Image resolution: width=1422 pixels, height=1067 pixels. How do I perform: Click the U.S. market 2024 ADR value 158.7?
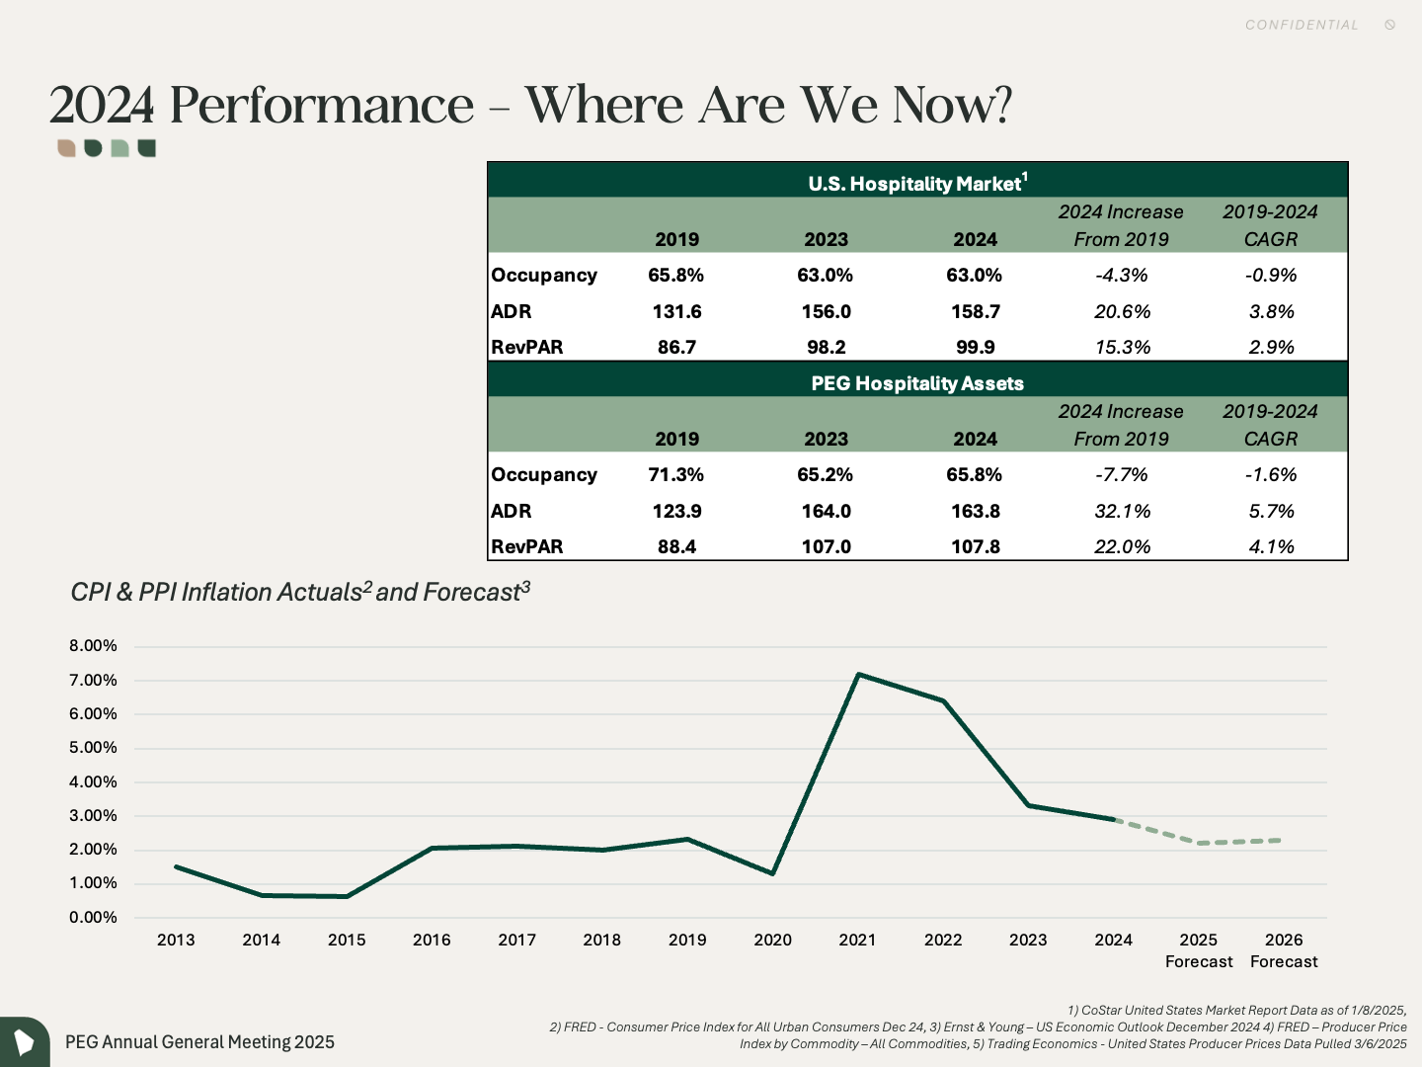pyautogui.click(x=975, y=311)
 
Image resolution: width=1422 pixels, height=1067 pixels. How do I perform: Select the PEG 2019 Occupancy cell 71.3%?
pyautogui.click(x=675, y=474)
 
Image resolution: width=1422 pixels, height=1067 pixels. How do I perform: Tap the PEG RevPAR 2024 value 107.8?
pyautogui.click(x=975, y=546)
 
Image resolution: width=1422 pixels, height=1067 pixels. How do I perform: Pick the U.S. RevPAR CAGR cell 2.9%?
pyautogui.click(x=1271, y=347)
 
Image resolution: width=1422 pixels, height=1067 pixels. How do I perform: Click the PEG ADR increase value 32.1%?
pyautogui.click(x=1122, y=511)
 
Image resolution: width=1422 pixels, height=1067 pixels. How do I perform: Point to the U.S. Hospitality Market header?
pyautogui.click(x=917, y=183)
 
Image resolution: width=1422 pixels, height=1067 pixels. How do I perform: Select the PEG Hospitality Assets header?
pyautogui.click(x=917, y=383)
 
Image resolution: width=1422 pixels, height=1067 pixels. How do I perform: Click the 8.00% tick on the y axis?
pyautogui.click(x=93, y=646)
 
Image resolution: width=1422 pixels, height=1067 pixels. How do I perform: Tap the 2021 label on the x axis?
pyautogui.click(x=857, y=940)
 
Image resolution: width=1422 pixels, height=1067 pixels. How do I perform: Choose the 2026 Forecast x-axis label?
pyautogui.click(x=1284, y=950)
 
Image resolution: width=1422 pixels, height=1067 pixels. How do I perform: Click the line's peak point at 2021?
pyautogui.click(x=858, y=675)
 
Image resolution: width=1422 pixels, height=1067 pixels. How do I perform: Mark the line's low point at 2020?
pyautogui.click(x=773, y=873)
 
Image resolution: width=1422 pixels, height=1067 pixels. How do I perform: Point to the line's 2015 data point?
pyautogui.click(x=347, y=896)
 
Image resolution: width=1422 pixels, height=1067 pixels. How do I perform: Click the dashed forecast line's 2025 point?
pyautogui.click(x=1199, y=843)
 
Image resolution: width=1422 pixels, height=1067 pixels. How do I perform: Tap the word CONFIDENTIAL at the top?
pyautogui.click(x=1302, y=25)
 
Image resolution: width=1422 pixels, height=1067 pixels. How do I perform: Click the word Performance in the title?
pyautogui.click(x=322, y=105)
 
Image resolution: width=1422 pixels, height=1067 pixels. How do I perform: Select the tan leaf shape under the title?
pyautogui.click(x=66, y=148)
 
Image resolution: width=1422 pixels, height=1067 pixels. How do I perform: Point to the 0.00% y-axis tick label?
pyautogui.click(x=93, y=918)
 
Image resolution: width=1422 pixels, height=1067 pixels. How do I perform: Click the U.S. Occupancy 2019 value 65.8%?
pyautogui.click(x=675, y=275)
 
